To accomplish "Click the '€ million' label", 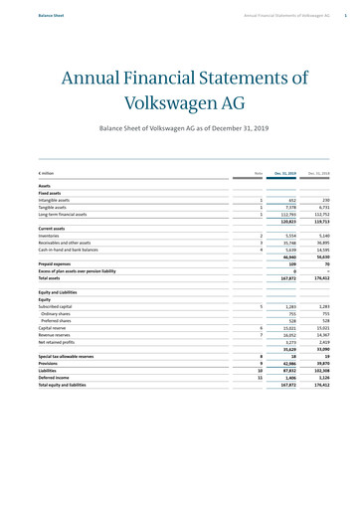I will pos(47,174).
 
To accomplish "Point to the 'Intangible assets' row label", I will pos(55,200).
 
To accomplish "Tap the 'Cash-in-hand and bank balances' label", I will pos(69,250).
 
